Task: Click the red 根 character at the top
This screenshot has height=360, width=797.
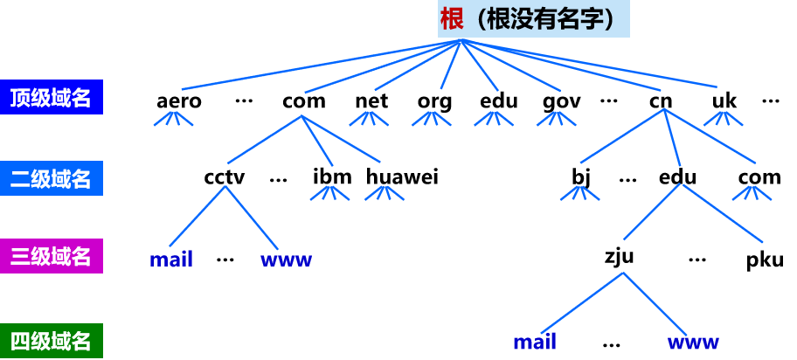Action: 452,18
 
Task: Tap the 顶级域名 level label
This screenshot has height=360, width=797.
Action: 51,97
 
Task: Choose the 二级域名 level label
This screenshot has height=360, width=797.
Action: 51,179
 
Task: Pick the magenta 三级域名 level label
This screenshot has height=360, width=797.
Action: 51,256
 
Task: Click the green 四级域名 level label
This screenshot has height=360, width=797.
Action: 51,340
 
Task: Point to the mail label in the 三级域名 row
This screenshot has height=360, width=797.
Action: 170,260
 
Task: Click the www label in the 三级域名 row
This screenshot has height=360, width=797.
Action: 286,260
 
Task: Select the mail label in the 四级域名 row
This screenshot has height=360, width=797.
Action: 535,342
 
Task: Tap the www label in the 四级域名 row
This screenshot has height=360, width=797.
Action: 693,342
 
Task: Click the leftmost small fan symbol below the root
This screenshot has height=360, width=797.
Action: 173,118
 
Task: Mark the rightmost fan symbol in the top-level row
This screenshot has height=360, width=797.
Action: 723,118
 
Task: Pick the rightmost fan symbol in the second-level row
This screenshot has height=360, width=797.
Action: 752,192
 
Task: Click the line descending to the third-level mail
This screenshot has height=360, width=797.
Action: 198,216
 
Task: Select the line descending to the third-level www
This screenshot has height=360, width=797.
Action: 252,218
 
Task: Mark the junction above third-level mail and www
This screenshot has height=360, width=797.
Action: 225,186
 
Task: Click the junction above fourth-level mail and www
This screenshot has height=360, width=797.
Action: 623,273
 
